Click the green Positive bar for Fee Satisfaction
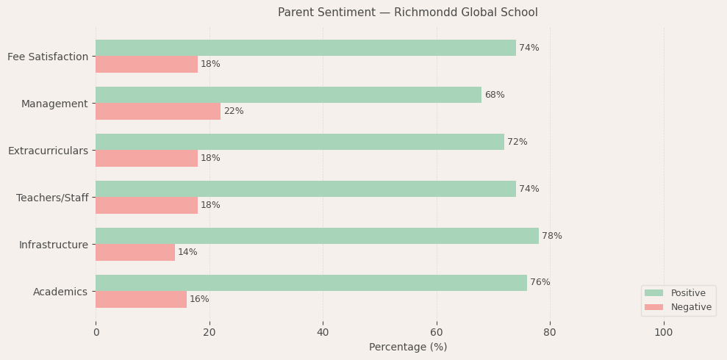(x=305, y=48)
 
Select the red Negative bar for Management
(x=157, y=111)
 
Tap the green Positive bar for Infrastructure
(x=317, y=236)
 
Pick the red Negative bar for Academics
(x=140, y=299)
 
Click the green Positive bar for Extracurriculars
(x=299, y=142)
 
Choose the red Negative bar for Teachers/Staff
(x=146, y=205)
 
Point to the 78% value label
(x=551, y=236)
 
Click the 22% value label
(x=233, y=111)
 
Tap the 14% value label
(x=187, y=252)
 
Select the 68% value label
(x=494, y=95)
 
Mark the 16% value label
(x=199, y=299)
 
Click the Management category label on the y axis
(x=54, y=104)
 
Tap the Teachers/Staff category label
(x=51, y=198)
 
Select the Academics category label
(x=60, y=292)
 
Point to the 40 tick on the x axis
(x=323, y=332)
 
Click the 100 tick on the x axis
(x=663, y=332)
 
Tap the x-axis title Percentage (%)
(x=407, y=347)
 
